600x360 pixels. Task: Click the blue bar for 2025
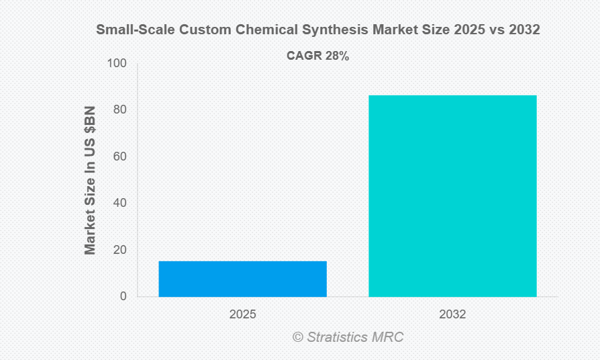coord(242,279)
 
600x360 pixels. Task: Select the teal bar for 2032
coord(452,195)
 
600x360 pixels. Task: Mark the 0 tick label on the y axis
coord(122,296)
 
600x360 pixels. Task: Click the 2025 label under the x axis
coord(242,314)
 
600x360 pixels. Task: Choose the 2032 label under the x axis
coord(452,314)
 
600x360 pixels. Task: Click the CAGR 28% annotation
coord(317,56)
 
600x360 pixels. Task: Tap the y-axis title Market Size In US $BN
coord(90,180)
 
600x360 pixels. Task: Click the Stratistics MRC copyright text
coord(348,337)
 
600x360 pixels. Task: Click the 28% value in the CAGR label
coord(337,56)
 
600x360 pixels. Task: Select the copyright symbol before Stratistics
coord(297,337)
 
